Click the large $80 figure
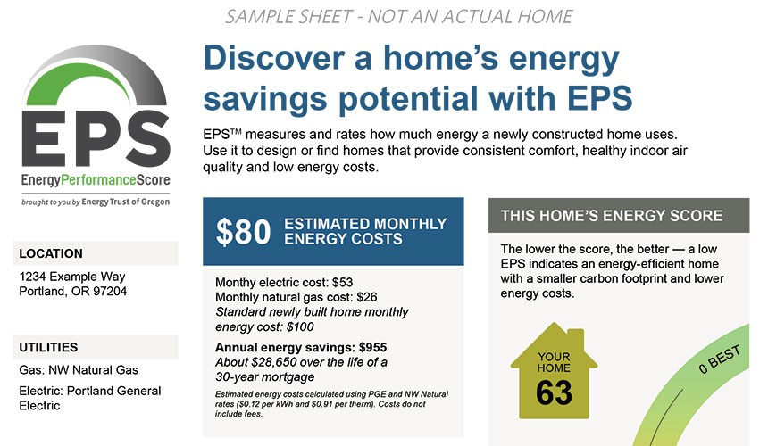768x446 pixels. [243, 232]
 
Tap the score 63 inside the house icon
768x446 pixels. [554, 392]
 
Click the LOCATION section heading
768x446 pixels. [51, 253]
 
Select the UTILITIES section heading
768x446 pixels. [48, 347]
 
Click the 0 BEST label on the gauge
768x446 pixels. [719, 360]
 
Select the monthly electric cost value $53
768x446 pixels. [342, 282]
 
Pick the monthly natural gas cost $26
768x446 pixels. [367, 297]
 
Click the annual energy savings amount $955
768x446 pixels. [372, 347]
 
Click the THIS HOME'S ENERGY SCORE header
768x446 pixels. [612, 216]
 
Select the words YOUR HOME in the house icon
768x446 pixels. [554, 362]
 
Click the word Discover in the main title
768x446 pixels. [274, 58]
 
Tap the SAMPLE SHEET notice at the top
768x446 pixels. [398, 17]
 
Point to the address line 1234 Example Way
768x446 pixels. [72, 277]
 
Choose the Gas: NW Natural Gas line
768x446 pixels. [79, 370]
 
